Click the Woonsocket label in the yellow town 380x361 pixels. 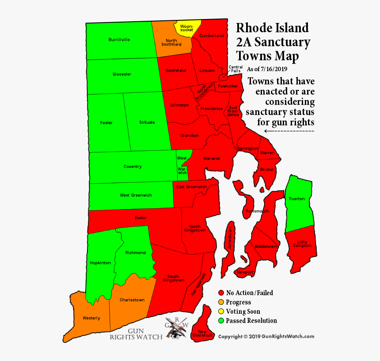click(x=186, y=28)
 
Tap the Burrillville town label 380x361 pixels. click(x=119, y=40)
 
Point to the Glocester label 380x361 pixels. click(x=122, y=74)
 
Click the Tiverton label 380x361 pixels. click(x=296, y=199)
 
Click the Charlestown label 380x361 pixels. click(x=132, y=300)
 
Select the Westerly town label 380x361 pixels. click(x=91, y=318)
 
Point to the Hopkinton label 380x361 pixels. click(x=100, y=263)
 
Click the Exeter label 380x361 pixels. click(x=141, y=218)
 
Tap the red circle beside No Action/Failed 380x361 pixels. click(x=221, y=293)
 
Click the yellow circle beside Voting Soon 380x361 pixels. click(x=221, y=312)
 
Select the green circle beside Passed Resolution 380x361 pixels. click(x=221, y=321)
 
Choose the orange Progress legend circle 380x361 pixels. click(x=221, y=302)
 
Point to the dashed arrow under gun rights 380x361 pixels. click(x=289, y=131)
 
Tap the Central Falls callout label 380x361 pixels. click(x=235, y=69)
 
